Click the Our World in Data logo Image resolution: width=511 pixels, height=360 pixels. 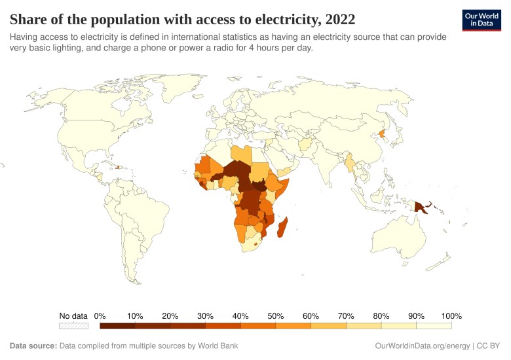[481, 20]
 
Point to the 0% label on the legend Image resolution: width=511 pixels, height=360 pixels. [100, 315]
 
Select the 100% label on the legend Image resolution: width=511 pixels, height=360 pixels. [451, 315]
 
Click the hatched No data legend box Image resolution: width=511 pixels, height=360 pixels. [73, 325]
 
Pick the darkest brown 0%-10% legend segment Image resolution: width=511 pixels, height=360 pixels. [117, 325]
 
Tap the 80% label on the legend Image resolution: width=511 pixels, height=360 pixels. [381, 315]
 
